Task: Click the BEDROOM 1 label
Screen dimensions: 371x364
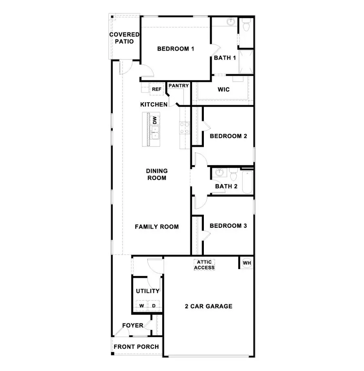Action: pos(176,49)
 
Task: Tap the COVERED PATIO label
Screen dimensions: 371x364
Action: pos(124,38)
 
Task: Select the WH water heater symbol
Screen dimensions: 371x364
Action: pos(247,263)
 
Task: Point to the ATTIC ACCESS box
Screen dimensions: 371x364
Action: pos(205,265)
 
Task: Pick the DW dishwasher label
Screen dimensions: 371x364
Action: pos(154,120)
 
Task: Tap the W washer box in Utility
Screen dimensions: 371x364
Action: pos(142,306)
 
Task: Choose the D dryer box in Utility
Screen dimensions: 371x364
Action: pos(154,306)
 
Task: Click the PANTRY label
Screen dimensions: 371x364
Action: pos(178,86)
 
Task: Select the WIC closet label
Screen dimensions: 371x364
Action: pos(224,89)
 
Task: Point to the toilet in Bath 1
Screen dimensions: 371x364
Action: pos(246,26)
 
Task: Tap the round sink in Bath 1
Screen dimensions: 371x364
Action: pos(231,21)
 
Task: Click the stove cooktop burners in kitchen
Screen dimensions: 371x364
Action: pos(185,128)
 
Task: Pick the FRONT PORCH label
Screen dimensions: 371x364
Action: pos(136,347)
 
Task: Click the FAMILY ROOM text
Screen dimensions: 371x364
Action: pos(157,227)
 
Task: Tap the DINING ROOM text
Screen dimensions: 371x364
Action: pos(157,174)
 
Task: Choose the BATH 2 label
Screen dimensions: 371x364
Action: pos(226,187)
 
